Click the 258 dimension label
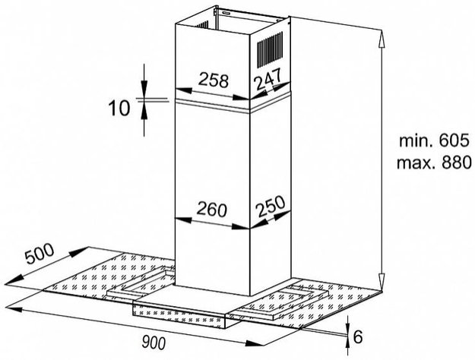pos(214,81)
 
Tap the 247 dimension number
pos(268,78)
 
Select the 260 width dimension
pos(212,210)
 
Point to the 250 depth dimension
pos(271,206)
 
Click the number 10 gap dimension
pos(119,108)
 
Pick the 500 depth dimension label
pos(39,253)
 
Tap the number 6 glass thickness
pos(358,336)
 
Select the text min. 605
pos(434,141)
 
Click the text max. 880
pos(434,163)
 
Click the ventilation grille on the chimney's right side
pos(270,49)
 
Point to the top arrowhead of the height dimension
pos(382,39)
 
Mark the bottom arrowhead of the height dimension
pos(382,281)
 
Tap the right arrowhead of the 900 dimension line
pos(255,343)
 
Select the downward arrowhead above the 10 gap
pos(144,89)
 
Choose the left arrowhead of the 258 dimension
pos(184,90)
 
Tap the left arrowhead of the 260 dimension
pos(184,219)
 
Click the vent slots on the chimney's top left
pos(202,24)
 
